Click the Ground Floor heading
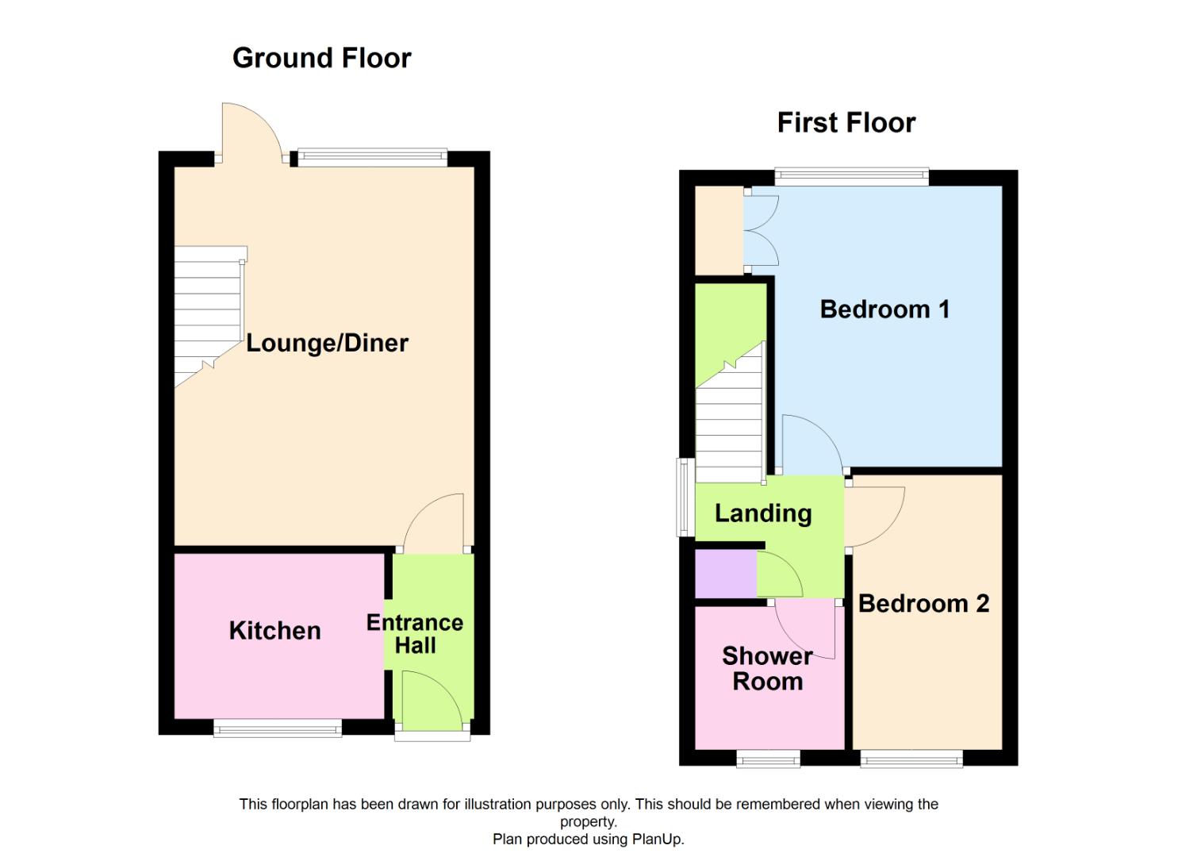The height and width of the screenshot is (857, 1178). pyautogui.click(x=321, y=58)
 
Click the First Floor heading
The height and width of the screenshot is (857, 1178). pyautogui.click(x=846, y=123)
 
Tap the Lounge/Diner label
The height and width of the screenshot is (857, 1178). pyautogui.click(x=327, y=343)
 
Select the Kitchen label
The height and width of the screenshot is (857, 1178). pyautogui.click(x=274, y=631)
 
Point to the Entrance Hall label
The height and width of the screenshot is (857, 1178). pyautogui.click(x=415, y=634)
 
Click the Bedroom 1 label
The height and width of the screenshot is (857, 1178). pyautogui.click(x=884, y=309)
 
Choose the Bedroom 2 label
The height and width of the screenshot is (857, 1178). pyautogui.click(x=923, y=604)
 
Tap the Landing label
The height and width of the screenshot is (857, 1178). pyautogui.click(x=763, y=513)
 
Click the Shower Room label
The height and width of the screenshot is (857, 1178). pyautogui.click(x=767, y=668)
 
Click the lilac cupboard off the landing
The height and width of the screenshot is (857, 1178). pyautogui.click(x=725, y=573)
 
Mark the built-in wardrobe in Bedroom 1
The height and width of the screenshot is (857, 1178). pyautogui.click(x=719, y=230)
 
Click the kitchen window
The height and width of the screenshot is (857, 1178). pyautogui.click(x=278, y=728)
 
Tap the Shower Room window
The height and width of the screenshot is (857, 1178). pyautogui.click(x=768, y=761)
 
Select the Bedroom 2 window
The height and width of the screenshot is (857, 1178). pyautogui.click(x=911, y=761)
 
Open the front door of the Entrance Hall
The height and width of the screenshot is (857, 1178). pyautogui.click(x=432, y=698)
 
